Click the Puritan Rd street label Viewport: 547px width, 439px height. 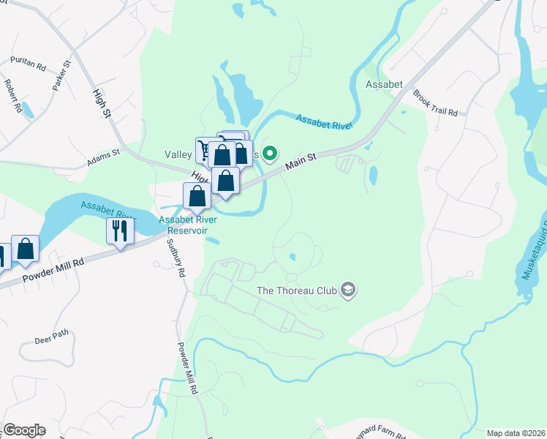(28, 64)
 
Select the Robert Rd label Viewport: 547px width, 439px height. (14, 96)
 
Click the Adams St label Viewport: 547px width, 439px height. (102, 160)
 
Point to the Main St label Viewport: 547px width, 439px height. (301, 162)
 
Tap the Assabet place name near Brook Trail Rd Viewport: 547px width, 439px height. (385, 85)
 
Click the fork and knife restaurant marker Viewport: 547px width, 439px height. (118, 230)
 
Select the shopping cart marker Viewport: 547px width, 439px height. (205, 149)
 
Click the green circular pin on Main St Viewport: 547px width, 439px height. (270, 153)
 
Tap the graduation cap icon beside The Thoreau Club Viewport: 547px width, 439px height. (347, 290)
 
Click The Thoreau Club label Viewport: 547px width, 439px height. (296, 290)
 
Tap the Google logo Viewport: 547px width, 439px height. (24, 429)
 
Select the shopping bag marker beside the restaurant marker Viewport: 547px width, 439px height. (26, 248)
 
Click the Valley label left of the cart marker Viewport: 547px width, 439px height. (178, 154)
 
